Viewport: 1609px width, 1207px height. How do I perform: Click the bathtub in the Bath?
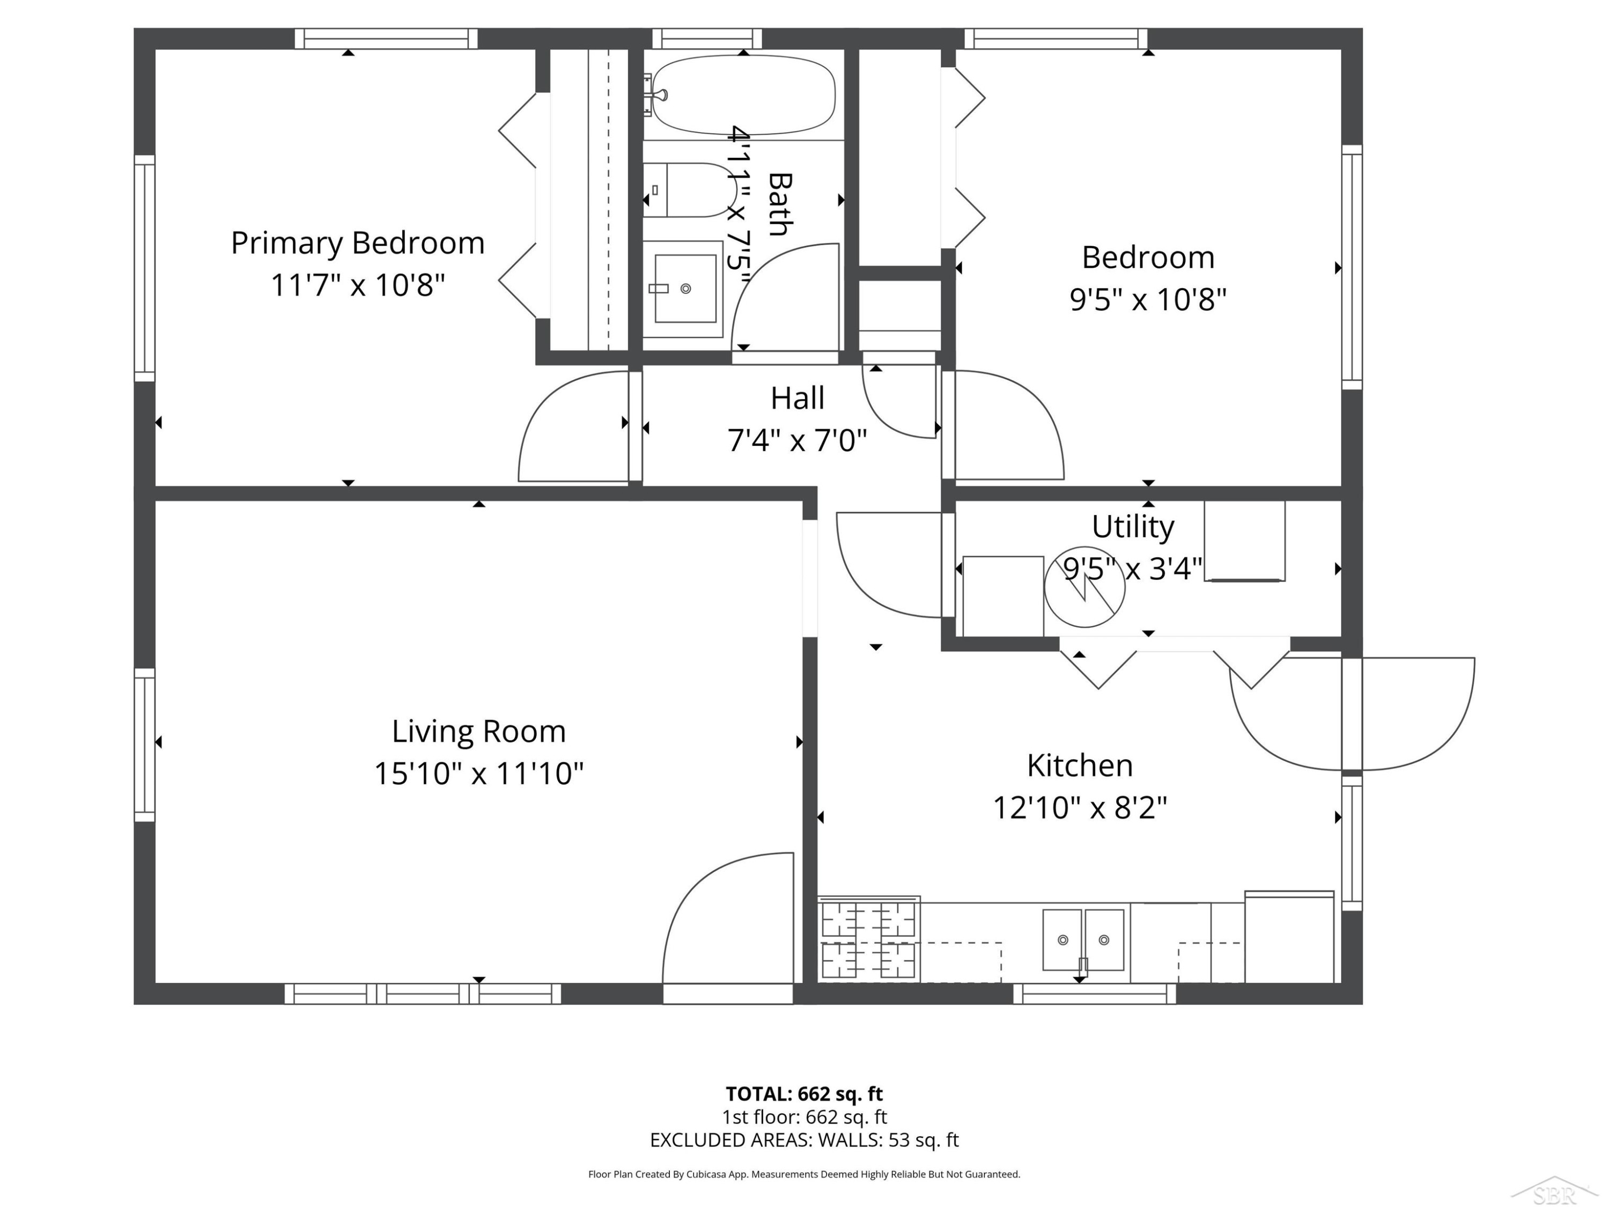(x=743, y=94)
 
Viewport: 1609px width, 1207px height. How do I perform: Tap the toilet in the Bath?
(x=688, y=190)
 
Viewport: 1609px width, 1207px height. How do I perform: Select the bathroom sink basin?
(x=685, y=288)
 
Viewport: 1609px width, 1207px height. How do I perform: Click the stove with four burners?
(x=868, y=939)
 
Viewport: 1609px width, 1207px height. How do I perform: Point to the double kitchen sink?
(x=1083, y=939)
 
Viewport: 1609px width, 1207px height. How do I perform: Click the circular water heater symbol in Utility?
(x=1084, y=586)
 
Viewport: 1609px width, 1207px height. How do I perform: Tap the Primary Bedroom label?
(x=358, y=242)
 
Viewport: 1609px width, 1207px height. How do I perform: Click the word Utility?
(x=1133, y=527)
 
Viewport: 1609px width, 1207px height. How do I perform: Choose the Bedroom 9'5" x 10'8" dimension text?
(x=1148, y=298)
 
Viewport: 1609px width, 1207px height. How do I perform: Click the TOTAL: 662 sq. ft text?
(x=804, y=1093)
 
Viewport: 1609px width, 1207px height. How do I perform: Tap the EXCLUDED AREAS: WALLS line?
(x=804, y=1139)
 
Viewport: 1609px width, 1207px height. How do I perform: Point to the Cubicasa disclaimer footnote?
(x=804, y=1174)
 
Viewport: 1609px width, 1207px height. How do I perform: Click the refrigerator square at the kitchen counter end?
(x=1289, y=937)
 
